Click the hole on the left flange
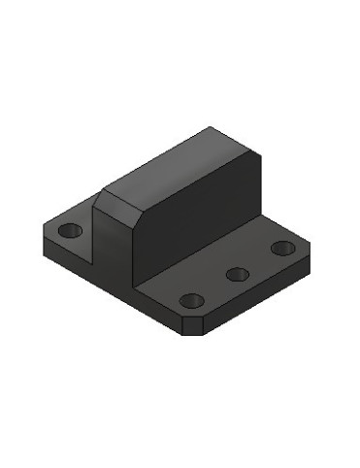click(x=70, y=232)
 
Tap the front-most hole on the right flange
click(x=192, y=300)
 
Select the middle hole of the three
click(x=238, y=274)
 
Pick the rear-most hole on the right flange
click(x=282, y=248)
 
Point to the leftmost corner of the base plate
click(x=41, y=230)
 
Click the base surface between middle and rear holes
click(x=260, y=260)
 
